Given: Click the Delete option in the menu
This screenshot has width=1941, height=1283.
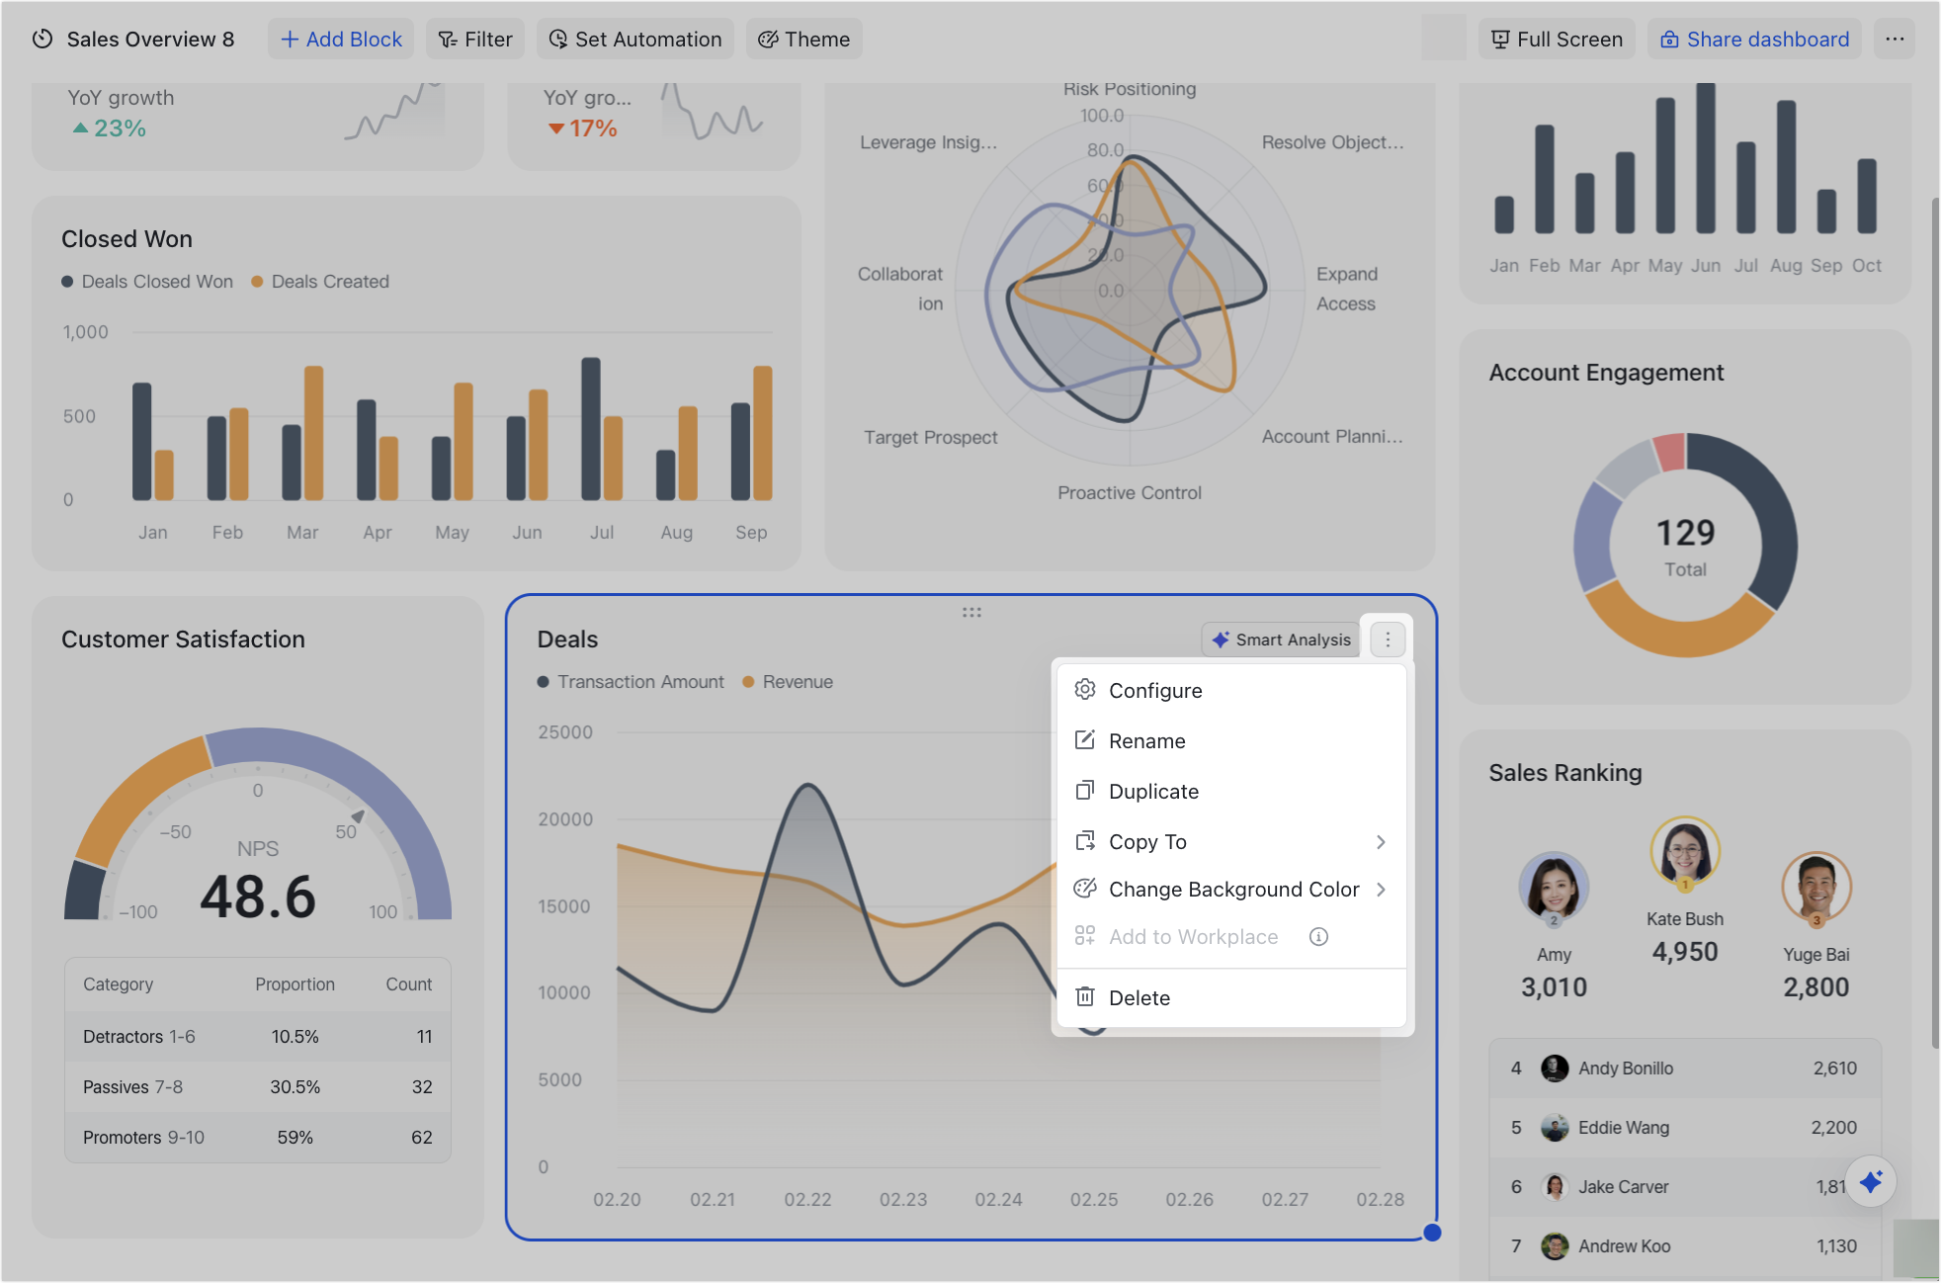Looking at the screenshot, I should coord(1139,997).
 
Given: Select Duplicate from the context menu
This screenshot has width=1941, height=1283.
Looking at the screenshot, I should coord(1152,791).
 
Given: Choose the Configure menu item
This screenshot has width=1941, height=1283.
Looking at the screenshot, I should coord(1154,690).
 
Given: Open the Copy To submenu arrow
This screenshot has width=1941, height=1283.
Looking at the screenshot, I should coord(1380,841).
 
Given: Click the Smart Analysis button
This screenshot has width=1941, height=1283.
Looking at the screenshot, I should coord(1281,640).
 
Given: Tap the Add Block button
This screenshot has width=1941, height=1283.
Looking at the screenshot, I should coord(341,39).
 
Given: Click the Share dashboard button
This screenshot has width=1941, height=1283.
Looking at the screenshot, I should coord(1754,39).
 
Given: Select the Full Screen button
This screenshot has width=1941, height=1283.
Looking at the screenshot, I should coord(1557,39).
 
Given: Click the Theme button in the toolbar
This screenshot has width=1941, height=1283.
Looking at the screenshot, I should coord(803,39).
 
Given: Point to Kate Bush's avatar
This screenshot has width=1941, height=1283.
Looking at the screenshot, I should coord(1684,850).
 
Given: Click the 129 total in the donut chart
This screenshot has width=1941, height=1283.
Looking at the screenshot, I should coord(1685,534).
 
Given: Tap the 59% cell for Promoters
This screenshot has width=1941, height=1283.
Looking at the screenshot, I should coord(295,1137).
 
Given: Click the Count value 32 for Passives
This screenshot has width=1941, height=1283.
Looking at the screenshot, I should coord(422,1086).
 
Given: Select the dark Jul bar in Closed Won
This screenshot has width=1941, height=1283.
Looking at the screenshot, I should coord(591,428).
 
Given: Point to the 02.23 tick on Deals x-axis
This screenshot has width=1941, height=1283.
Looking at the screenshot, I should coord(903,1199).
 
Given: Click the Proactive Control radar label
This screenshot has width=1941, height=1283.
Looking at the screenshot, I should coord(1130,492).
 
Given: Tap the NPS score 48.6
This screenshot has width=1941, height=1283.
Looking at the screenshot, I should coord(258,897).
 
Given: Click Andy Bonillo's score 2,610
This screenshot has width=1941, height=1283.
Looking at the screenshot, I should coord(1834,1068).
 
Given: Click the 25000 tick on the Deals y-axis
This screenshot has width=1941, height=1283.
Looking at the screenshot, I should coord(565,732).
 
